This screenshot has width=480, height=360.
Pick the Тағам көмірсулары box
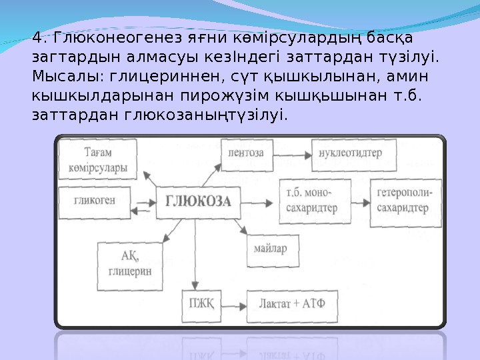[98, 160]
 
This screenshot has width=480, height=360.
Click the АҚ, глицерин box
[130, 264]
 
